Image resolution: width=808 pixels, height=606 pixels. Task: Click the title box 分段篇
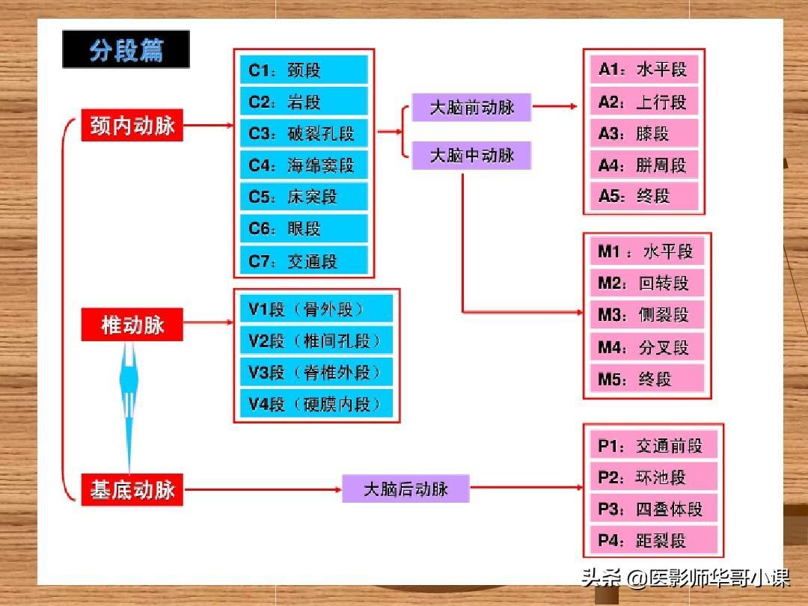click(x=126, y=50)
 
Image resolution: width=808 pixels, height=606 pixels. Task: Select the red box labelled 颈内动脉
click(x=132, y=126)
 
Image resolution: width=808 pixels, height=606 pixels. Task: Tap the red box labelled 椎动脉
click(x=132, y=325)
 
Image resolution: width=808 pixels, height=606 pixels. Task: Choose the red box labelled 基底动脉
click(x=132, y=490)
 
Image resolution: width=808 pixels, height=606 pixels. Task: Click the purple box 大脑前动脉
click(x=471, y=107)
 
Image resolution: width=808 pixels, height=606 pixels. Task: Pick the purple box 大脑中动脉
click(x=471, y=155)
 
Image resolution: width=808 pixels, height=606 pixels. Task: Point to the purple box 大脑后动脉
click(x=405, y=489)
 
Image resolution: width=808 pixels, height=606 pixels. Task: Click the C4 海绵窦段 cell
click(x=304, y=165)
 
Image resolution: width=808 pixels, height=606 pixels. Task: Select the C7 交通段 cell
click(x=304, y=260)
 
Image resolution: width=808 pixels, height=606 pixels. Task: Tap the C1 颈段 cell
click(x=304, y=70)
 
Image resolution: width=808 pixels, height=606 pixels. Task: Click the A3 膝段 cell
click(x=643, y=133)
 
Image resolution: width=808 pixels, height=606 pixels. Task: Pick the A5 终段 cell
click(x=643, y=196)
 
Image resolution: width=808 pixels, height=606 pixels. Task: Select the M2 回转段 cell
click(x=646, y=283)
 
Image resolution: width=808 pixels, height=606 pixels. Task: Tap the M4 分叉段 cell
click(x=646, y=346)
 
